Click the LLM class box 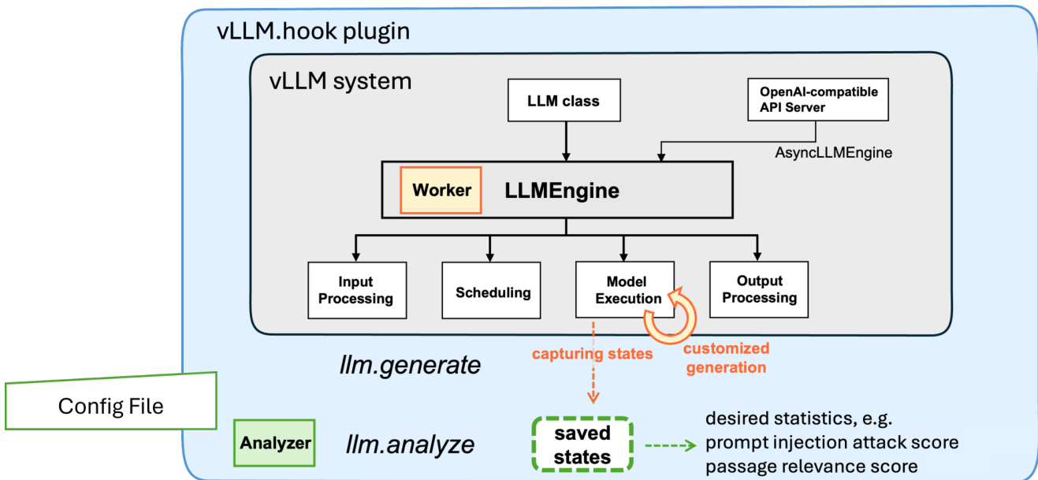pos(564,100)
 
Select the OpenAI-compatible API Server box pos(818,99)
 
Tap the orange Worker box pos(441,190)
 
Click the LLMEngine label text pos(562,191)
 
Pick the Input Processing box pos(357,290)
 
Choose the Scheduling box pos(491,291)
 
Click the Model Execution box pos(625,289)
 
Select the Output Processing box pos(759,289)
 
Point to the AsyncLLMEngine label pos(833,152)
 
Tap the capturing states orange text pos(592,354)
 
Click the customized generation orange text pos(726,358)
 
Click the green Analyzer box pos(274,443)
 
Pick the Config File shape pos(111,403)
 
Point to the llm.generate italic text pos(410,365)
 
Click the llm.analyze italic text pos(410,445)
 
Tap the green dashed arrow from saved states pos(671,446)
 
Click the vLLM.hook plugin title pos(313,32)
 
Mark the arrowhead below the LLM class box pos(566,156)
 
